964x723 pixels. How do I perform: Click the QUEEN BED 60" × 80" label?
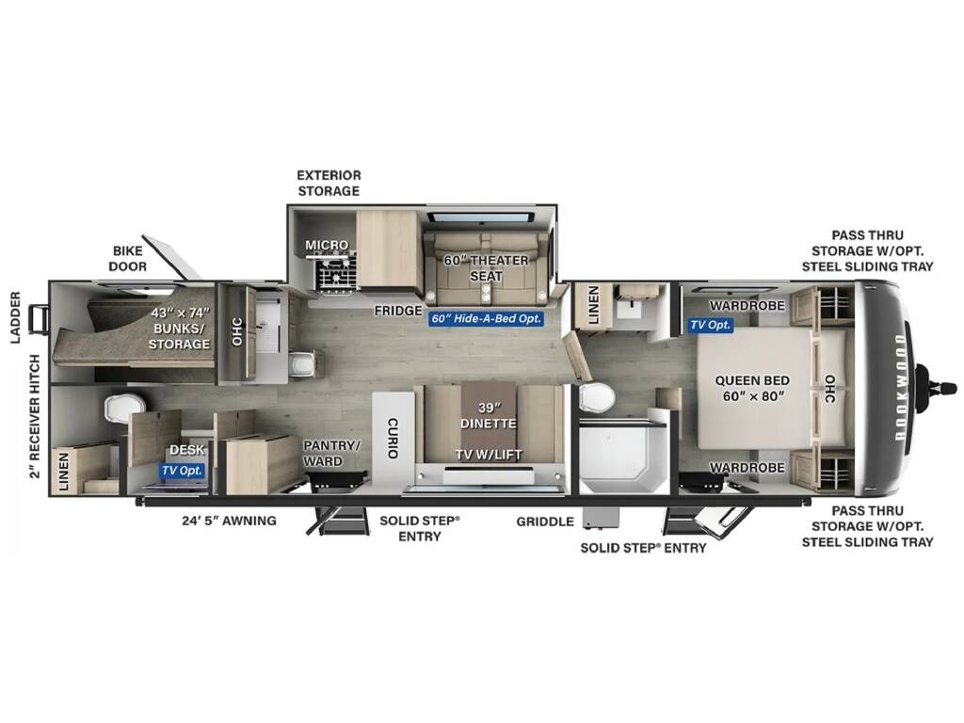[752, 388]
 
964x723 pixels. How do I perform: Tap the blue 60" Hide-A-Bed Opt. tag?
[487, 318]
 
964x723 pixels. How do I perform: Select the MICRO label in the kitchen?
[327, 245]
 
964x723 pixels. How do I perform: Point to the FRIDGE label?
[398, 311]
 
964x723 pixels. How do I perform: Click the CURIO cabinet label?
[393, 438]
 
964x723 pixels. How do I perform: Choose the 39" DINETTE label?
[489, 415]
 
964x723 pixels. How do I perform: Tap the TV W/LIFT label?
[489, 455]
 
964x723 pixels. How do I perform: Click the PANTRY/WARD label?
[330, 453]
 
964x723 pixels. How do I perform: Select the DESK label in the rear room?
[187, 450]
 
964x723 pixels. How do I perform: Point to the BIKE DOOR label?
[128, 258]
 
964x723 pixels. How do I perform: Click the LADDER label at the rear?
[16, 317]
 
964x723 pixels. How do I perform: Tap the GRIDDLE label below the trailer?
[545, 522]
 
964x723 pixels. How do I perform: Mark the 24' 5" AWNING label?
[229, 521]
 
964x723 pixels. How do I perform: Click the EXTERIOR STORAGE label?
[329, 184]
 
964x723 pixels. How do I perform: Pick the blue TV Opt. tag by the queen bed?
[710, 325]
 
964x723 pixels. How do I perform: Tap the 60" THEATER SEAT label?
[487, 268]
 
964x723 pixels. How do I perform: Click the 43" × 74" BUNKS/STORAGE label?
[180, 329]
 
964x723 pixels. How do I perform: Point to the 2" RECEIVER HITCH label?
[35, 416]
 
